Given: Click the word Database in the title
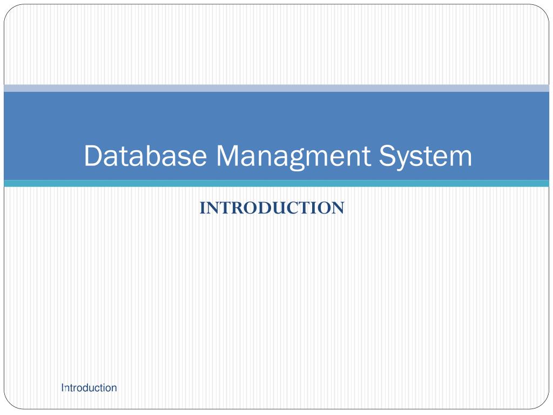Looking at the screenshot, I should [145, 156].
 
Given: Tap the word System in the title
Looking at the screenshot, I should [425, 156].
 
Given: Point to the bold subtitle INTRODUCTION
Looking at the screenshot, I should [272, 208].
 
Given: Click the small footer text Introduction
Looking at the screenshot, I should [89, 387].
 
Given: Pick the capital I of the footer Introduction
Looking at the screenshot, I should [63, 387].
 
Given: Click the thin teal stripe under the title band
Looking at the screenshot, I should [276, 184].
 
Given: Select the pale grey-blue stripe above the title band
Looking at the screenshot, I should [276, 88].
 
